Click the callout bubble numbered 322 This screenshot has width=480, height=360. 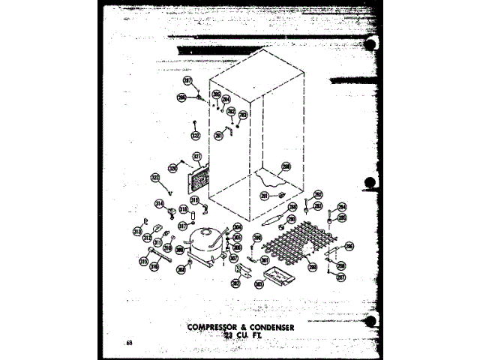[x=195, y=136]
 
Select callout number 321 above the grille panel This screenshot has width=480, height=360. [x=196, y=157]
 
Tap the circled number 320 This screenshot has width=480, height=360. [x=172, y=169]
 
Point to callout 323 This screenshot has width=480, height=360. [x=155, y=178]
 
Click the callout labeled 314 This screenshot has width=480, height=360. [x=160, y=204]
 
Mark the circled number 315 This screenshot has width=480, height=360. [x=143, y=261]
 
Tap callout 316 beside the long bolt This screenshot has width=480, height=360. [x=154, y=265]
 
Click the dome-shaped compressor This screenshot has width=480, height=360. [x=205, y=244]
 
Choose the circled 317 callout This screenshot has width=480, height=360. [x=181, y=226]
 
